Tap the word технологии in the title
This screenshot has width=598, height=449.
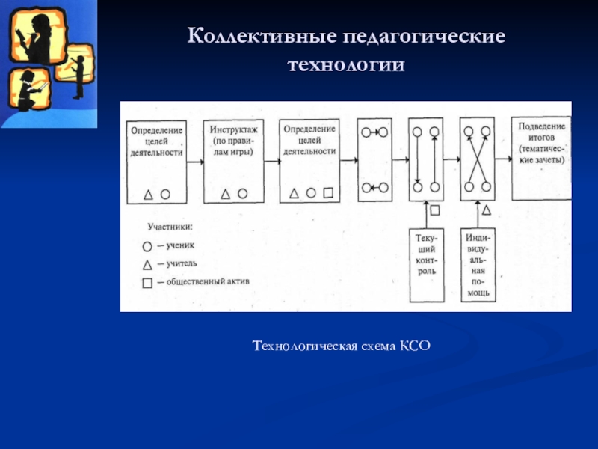pyautogui.click(x=346, y=66)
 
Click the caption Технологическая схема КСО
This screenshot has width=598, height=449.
pyautogui.click(x=342, y=346)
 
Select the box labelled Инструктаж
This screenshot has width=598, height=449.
pyautogui.click(x=232, y=160)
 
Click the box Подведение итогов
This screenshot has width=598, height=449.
pyautogui.click(x=540, y=158)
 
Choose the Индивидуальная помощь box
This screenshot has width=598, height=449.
pyautogui.click(x=478, y=265)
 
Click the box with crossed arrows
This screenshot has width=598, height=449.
pyautogui.click(x=478, y=159)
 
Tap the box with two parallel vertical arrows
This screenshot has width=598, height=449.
pyautogui.click(x=426, y=159)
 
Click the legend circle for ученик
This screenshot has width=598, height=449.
pyautogui.click(x=147, y=245)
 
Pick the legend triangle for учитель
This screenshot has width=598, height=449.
pyautogui.click(x=147, y=263)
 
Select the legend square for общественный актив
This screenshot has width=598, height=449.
pyautogui.click(x=147, y=282)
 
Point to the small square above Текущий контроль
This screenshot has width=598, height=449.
pyautogui.click(x=434, y=210)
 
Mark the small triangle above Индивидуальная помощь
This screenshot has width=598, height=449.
pyautogui.click(x=486, y=210)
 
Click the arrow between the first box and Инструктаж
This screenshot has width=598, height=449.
pyautogui.click(x=194, y=162)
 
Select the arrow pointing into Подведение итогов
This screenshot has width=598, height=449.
pyautogui.click(x=504, y=159)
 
